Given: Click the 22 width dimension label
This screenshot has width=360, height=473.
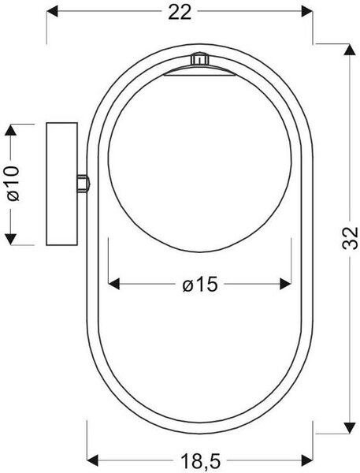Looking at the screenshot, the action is (180, 13).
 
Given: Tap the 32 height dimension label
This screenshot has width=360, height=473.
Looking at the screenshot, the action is (350, 238).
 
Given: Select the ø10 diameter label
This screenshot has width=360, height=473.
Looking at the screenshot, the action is (13, 183).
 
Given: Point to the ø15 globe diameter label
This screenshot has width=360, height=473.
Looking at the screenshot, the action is (200, 284).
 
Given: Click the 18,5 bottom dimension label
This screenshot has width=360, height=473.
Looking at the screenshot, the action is (201, 461).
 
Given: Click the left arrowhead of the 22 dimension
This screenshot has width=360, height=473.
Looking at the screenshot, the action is (52, 11).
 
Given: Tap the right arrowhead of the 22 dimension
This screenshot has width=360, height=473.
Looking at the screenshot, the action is (307, 11).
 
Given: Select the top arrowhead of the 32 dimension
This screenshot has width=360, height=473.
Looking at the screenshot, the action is (350, 50).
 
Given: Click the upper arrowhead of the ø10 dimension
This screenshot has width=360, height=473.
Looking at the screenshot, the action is (11, 130).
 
